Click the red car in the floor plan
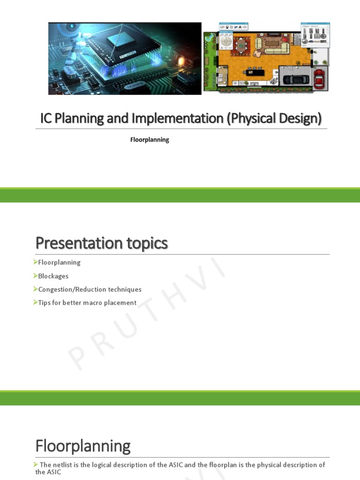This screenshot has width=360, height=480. pos(319,78)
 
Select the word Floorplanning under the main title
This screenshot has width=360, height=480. pos(150,140)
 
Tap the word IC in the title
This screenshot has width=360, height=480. pos(46,119)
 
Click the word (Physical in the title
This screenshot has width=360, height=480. pos(252,119)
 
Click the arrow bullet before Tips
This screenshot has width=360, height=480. pos(36,302)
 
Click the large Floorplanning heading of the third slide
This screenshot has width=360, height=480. pos(83,446)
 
